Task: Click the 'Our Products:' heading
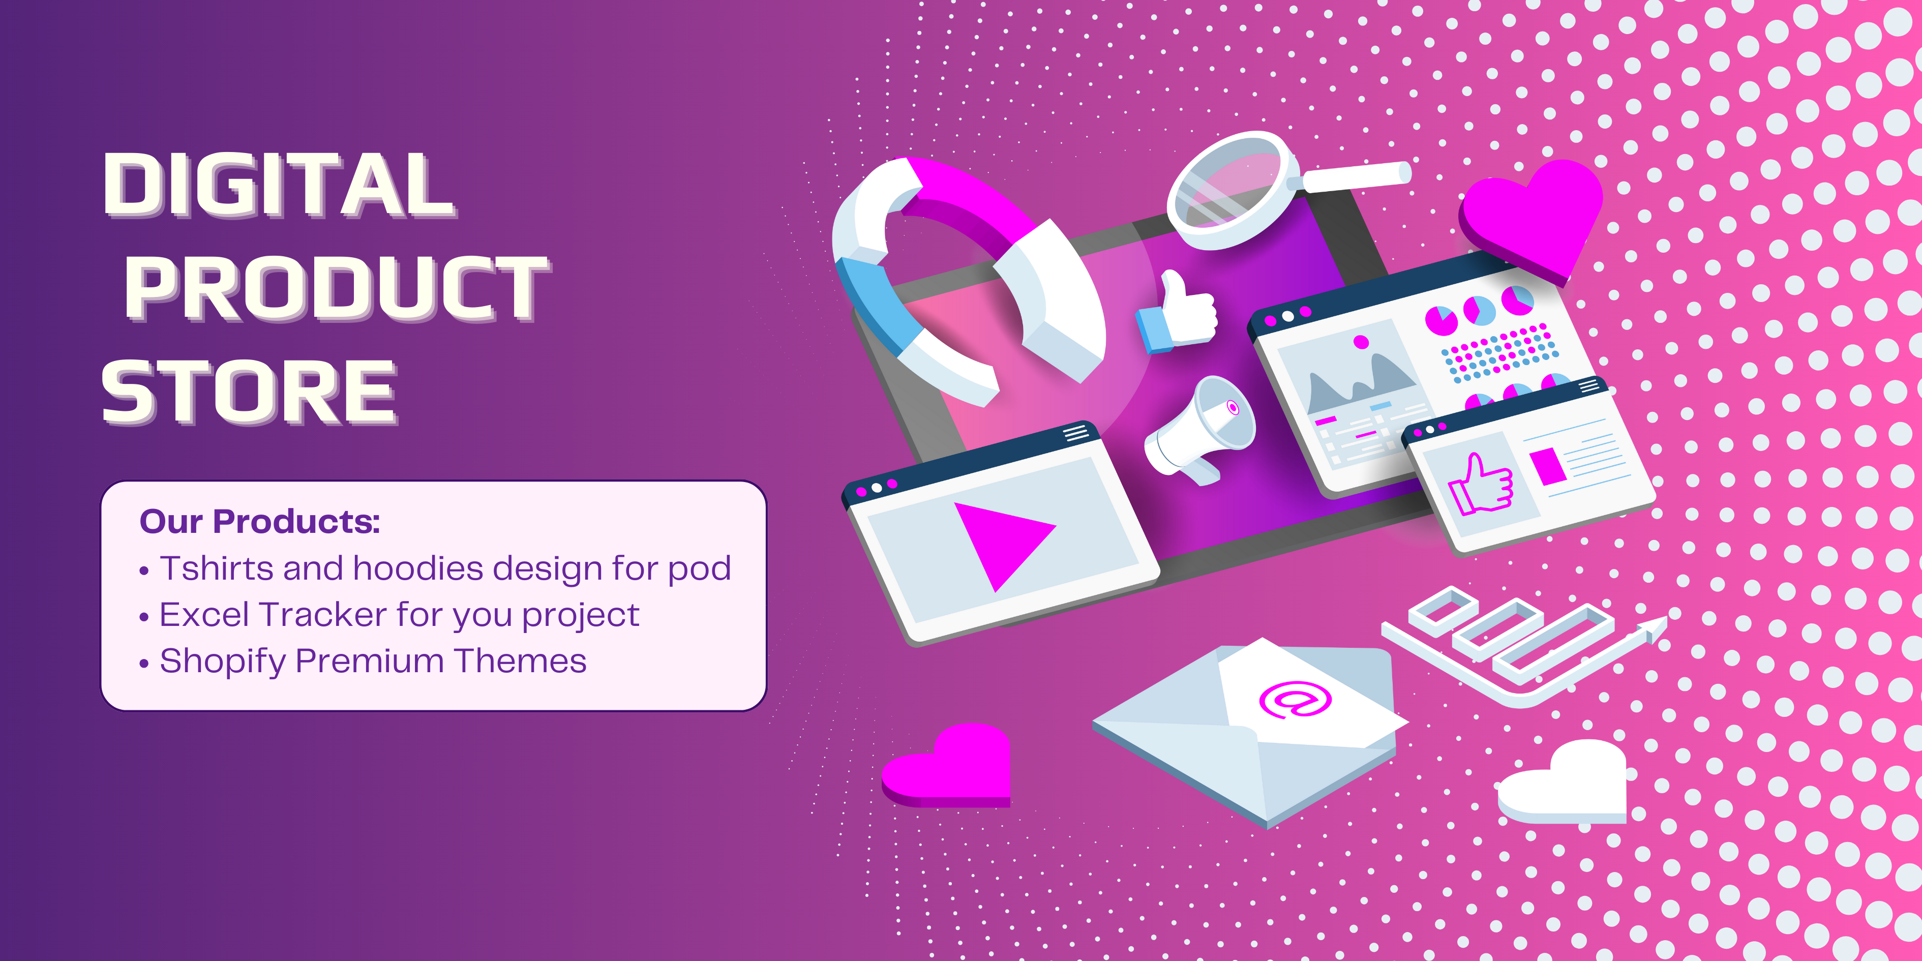pyautogui.click(x=260, y=522)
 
